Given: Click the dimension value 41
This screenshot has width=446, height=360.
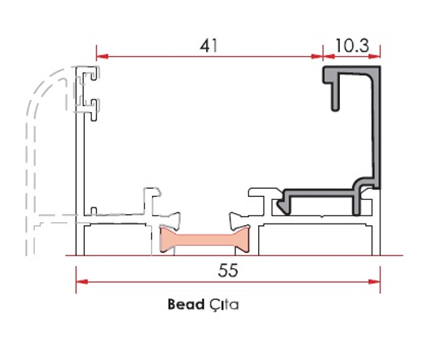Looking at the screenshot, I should tap(209, 46).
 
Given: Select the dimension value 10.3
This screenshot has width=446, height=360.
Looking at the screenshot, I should tap(352, 46).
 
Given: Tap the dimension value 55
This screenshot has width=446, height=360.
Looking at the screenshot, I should tap(228, 270).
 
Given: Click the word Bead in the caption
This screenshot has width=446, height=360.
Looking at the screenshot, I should tap(186, 305).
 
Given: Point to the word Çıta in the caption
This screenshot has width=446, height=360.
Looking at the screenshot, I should tap(223, 305).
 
